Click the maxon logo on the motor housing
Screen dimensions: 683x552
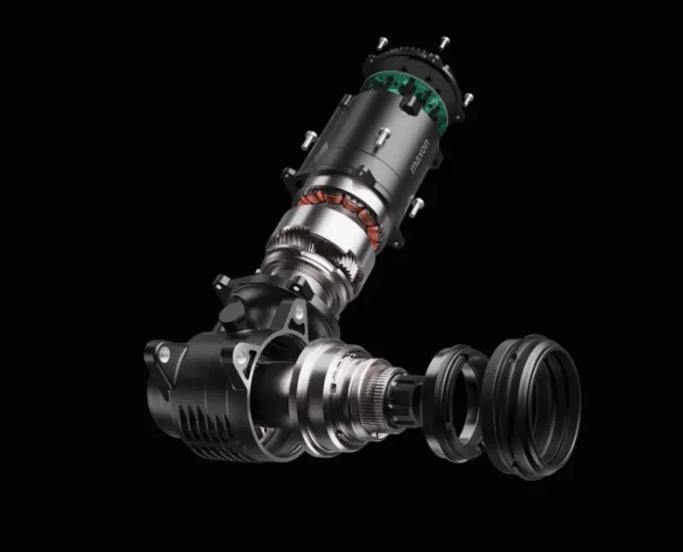pyautogui.click(x=420, y=156)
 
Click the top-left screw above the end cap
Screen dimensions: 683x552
pyautogui.click(x=382, y=43)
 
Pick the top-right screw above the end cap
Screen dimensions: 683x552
pyautogui.click(x=444, y=43)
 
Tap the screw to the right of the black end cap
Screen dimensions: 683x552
pyautogui.click(x=467, y=99)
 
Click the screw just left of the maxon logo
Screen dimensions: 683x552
pyautogui.click(x=382, y=135)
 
